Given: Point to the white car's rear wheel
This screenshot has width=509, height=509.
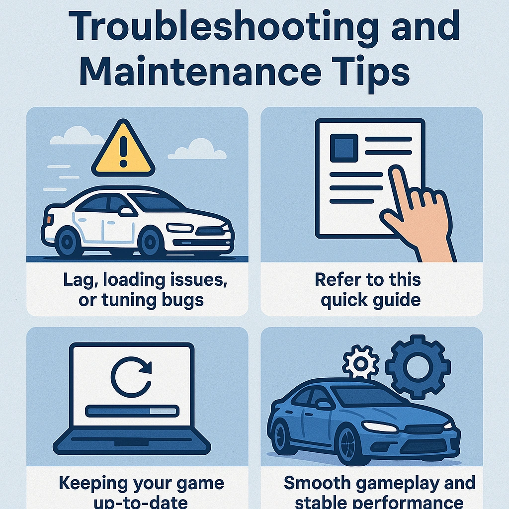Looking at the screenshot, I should [x=68, y=242].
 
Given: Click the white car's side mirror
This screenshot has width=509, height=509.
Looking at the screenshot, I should [x=127, y=211].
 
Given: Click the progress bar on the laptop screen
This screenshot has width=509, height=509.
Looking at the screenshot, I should [x=131, y=411].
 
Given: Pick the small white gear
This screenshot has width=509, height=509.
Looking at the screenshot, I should [x=360, y=363].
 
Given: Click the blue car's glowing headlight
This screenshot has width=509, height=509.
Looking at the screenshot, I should [x=380, y=426].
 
